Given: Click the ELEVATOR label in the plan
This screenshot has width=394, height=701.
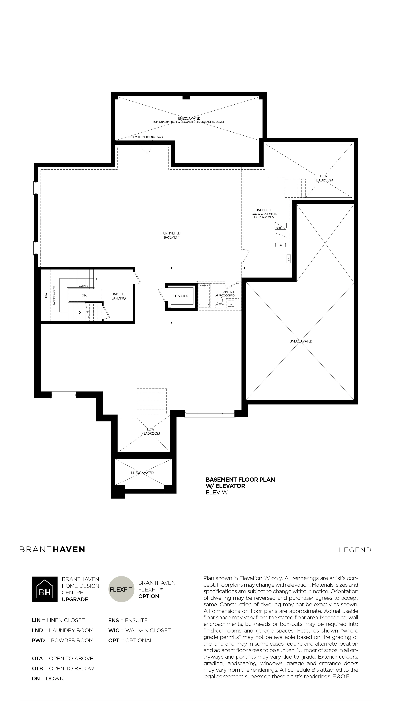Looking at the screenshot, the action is [181, 296].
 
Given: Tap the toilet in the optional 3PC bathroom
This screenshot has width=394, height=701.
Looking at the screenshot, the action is [220, 301].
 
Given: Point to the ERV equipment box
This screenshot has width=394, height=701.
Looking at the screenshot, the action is [280, 245].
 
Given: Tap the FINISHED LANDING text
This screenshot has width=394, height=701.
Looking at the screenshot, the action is [119, 296].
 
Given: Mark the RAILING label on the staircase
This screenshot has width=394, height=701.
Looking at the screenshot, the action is [83, 286].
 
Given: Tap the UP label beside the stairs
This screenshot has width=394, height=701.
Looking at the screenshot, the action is [96, 279].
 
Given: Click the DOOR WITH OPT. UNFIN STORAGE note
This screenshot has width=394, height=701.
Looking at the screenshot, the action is [145, 137].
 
